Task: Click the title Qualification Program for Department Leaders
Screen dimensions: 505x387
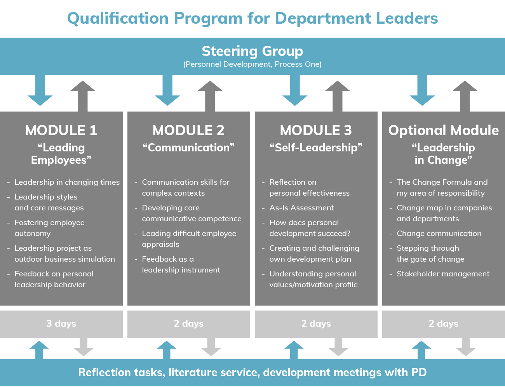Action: tap(252, 19)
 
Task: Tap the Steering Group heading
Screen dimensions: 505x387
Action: tap(252, 51)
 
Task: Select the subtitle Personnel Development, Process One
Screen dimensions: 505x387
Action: tap(252, 64)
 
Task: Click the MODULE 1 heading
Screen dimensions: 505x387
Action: tap(61, 130)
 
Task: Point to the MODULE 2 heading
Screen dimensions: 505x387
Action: tap(188, 130)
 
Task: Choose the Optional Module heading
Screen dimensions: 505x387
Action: tap(443, 130)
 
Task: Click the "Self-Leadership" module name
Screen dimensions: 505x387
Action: tap(316, 148)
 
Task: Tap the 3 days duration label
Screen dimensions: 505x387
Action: tap(61, 324)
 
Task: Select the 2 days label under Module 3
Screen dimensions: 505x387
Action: tap(316, 324)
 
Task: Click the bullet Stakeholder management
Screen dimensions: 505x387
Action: tap(443, 274)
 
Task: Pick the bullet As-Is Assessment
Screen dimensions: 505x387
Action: tap(301, 208)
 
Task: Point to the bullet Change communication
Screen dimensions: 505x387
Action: tap(439, 233)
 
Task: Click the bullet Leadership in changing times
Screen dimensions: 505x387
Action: tap(67, 182)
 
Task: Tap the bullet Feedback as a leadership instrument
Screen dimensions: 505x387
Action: tap(181, 264)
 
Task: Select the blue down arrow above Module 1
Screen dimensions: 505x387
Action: tap(40, 90)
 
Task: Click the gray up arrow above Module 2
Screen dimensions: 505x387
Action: tap(210, 96)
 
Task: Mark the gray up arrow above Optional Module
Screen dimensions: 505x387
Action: tap(465, 96)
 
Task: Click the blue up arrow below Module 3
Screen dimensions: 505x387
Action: tap(294, 350)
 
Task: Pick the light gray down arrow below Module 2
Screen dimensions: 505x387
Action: tap(211, 347)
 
